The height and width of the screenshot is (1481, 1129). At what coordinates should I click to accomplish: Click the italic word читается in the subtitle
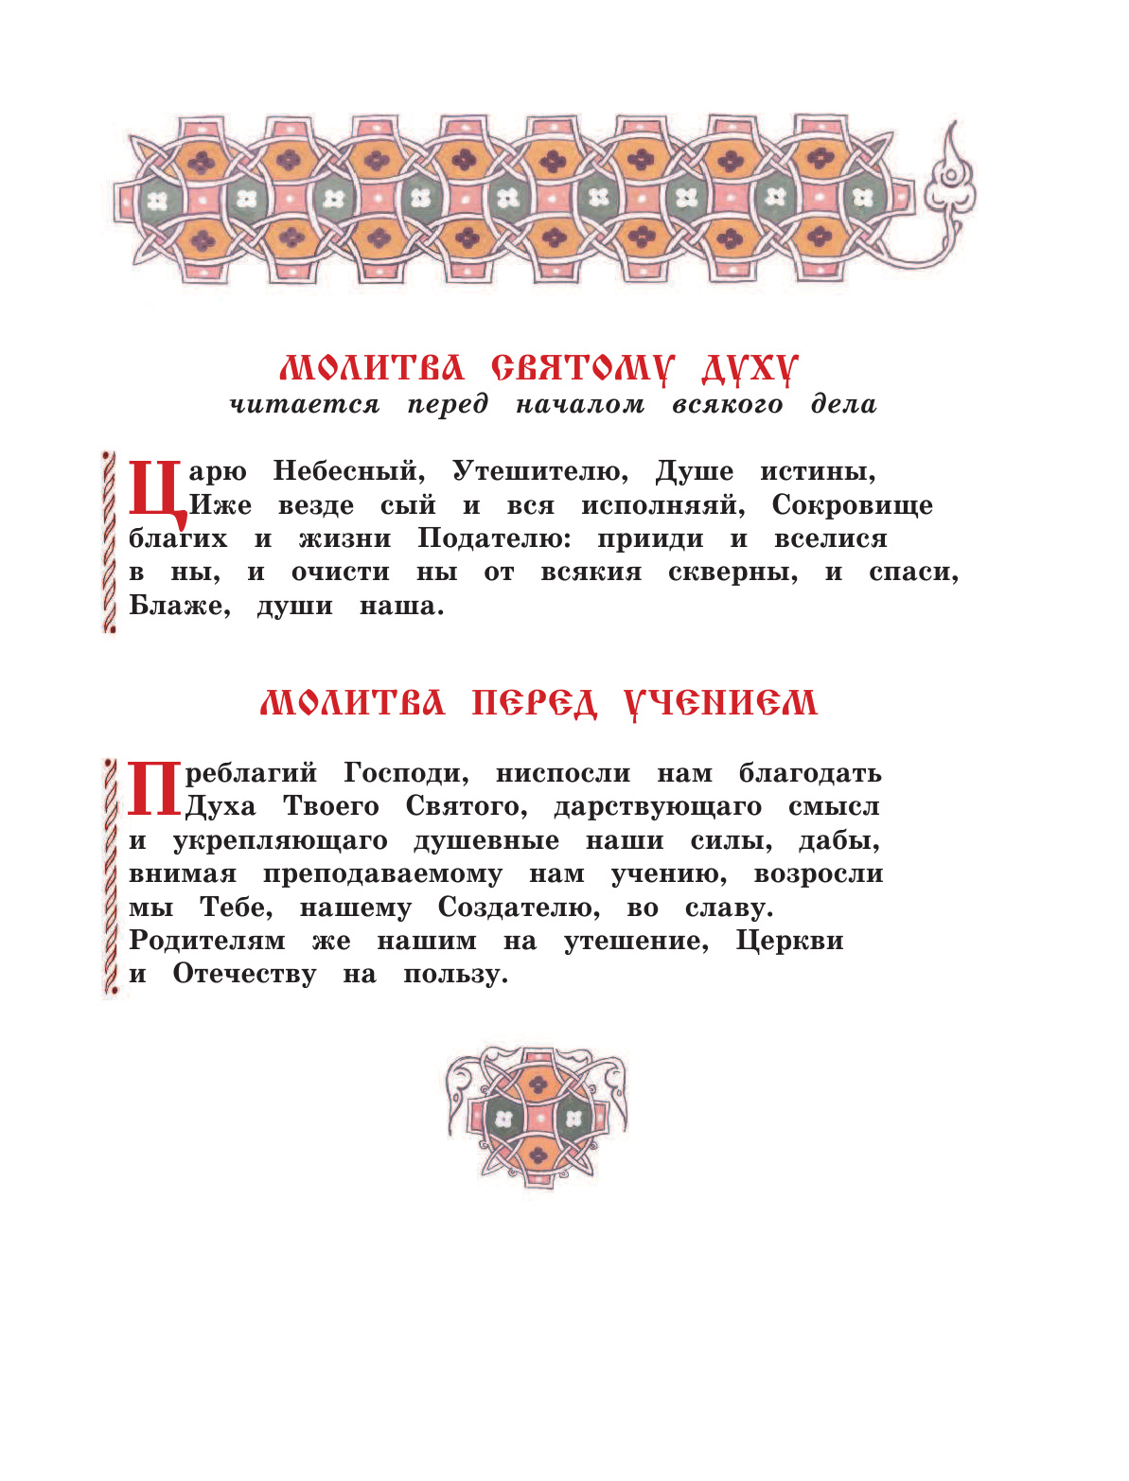click(305, 405)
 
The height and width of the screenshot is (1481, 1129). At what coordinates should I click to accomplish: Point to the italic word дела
click(843, 405)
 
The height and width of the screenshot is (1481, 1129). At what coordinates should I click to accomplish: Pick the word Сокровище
click(852, 505)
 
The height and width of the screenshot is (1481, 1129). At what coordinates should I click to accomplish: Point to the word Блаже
click(180, 607)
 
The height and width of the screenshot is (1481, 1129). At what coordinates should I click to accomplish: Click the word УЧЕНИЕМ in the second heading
click(720, 703)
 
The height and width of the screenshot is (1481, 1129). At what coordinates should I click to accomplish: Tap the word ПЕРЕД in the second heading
click(535, 703)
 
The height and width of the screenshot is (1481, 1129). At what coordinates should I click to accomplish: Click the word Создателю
click(519, 908)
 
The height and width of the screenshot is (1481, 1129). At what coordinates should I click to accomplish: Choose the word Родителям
click(207, 942)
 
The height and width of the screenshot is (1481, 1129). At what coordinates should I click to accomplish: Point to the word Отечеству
click(244, 975)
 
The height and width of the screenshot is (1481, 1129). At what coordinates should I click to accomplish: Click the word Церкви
click(789, 942)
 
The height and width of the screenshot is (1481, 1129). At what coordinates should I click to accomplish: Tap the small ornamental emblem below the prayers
click(538, 1117)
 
